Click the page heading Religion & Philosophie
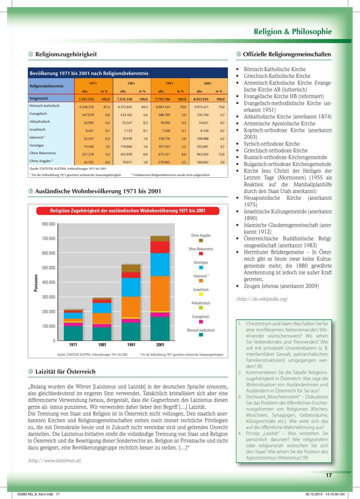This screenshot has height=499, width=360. pyautogui.click(x=292, y=31)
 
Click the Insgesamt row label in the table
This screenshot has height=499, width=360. pyautogui.click(x=40, y=99)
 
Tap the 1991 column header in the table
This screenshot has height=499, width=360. pyautogui.click(x=169, y=83)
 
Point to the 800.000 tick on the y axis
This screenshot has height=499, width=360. pyautogui.click(x=48, y=224)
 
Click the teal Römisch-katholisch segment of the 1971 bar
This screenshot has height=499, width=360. pyautogui.click(x=73, y=333)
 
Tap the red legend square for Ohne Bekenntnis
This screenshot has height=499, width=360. pyautogui.click(x=201, y=254)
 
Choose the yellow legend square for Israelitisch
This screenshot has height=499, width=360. pyautogui.click(x=201, y=294)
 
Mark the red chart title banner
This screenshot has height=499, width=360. pyautogui.click(x=128, y=211)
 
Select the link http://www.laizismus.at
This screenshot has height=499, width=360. pyautogui.click(x=54, y=460)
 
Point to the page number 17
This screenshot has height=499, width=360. pyautogui.click(x=328, y=474)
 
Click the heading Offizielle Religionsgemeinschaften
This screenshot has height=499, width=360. pyautogui.click(x=287, y=54)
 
